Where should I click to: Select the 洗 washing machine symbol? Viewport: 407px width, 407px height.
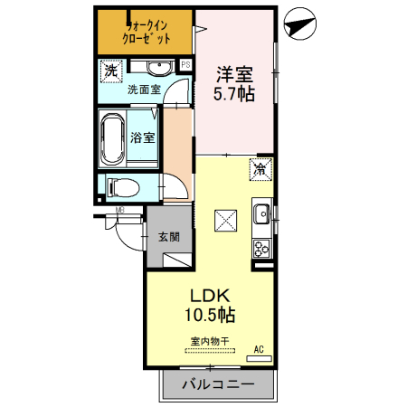(x=111, y=70)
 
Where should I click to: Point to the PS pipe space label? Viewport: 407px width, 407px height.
(x=186, y=64)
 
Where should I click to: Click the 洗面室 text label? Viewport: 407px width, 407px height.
(x=143, y=90)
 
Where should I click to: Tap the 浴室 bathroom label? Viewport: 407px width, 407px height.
(x=143, y=137)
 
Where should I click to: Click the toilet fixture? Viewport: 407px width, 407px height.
(x=122, y=187)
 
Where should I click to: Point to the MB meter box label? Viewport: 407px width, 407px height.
(x=119, y=213)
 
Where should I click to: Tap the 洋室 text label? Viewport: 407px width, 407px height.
(x=233, y=73)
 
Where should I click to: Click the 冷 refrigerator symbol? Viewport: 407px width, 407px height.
(x=260, y=168)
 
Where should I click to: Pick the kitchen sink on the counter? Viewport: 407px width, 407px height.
(x=261, y=214)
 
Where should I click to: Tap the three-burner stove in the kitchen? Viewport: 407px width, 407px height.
(x=262, y=247)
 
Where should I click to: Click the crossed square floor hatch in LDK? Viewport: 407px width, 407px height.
(x=224, y=220)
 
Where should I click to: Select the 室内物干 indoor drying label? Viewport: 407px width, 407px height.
(x=210, y=340)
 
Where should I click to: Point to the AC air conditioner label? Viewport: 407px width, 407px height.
(x=259, y=349)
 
